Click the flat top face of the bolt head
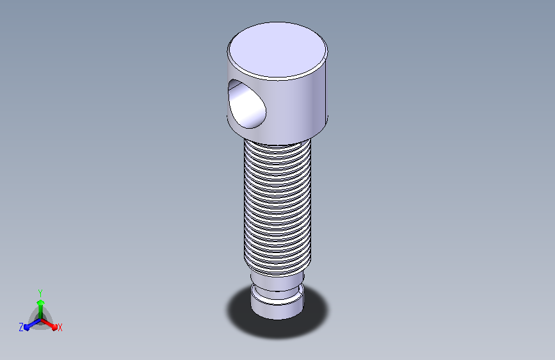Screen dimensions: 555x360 [x=277, y=50]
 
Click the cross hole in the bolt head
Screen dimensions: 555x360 [x=246, y=104]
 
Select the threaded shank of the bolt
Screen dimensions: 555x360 [x=277, y=208]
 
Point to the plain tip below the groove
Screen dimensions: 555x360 [x=277, y=307]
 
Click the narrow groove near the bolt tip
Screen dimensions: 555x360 [x=277, y=291]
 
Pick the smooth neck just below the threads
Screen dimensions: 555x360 [x=277, y=281]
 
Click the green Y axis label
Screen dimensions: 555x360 [x=40, y=293]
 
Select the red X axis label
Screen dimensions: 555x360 [x=60, y=327]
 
